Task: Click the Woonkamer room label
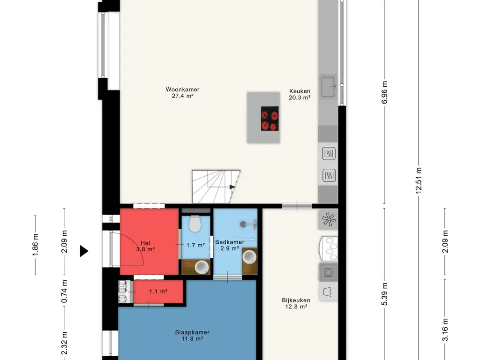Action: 182,90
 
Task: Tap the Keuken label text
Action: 300,91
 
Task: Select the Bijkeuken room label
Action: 296,300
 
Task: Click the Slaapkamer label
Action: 192,332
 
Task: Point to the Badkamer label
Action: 230,242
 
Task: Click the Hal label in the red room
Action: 145,243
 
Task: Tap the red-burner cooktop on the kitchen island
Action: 270,119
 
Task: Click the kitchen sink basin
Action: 328,87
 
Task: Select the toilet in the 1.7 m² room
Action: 195,224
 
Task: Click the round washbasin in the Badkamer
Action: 249,257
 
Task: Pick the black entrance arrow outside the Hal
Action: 84,251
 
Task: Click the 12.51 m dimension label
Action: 419,180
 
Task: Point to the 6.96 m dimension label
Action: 384,92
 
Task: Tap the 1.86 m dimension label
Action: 35,245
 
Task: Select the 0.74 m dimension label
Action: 64,292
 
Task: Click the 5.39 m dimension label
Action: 384,294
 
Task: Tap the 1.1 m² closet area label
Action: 158,292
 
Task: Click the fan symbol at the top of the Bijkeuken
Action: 329,219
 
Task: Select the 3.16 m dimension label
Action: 445,330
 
